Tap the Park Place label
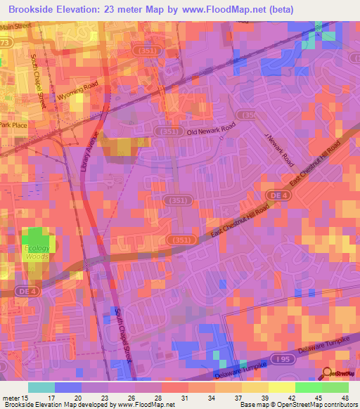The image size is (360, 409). click(13, 124)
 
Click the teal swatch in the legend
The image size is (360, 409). click(41, 387)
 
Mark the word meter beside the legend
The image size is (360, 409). click(11, 398)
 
